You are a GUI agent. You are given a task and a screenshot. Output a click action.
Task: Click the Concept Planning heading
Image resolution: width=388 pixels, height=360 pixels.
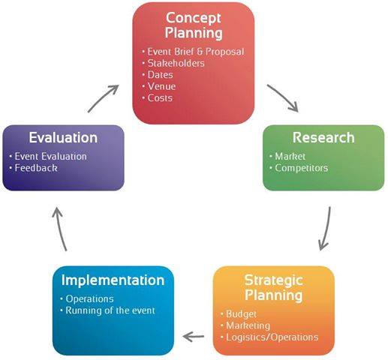point(194,25)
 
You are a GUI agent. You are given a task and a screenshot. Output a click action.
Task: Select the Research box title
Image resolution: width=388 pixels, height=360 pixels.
point(323,137)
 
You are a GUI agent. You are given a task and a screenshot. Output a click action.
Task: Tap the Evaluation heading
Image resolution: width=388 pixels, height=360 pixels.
point(63,137)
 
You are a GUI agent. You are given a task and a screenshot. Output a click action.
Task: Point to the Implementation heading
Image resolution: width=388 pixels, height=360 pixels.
point(113,280)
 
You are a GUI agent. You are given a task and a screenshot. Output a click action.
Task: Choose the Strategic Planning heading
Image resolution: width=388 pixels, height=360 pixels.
point(274,287)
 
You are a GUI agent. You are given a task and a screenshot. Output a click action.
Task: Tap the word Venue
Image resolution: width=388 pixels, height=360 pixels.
point(161,86)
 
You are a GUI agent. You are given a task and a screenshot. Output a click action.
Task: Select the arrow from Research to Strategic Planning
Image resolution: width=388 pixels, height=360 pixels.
point(327,229)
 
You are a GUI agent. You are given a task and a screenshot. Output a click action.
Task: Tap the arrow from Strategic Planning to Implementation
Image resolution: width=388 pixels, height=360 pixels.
point(194,337)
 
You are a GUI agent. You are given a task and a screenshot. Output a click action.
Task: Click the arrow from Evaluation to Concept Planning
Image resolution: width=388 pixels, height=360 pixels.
point(103,98)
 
